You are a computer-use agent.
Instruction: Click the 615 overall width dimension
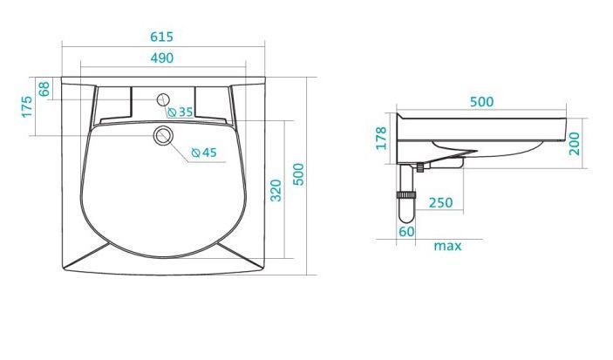click(161, 37)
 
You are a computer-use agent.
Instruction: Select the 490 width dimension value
click(162, 58)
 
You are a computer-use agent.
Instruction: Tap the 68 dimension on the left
click(44, 89)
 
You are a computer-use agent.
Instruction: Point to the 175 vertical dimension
click(27, 106)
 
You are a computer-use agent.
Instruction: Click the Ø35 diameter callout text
click(180, 112)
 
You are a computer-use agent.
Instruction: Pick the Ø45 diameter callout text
click(204, 153)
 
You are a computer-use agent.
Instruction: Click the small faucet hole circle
click(163, 99)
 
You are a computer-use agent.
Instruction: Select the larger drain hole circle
click(163, 136)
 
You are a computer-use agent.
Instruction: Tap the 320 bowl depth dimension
click(276, 190)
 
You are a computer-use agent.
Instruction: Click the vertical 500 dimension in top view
click(299, 174)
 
